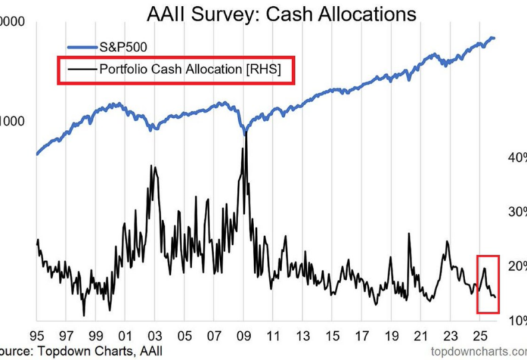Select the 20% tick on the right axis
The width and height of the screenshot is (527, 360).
click(517, 266)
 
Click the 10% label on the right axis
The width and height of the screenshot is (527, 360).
click(517, 320)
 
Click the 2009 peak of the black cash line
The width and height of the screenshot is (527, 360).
click(246, 134)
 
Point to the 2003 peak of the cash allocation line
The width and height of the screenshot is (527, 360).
click(154, 166)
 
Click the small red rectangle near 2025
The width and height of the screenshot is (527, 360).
click(488, 283)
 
